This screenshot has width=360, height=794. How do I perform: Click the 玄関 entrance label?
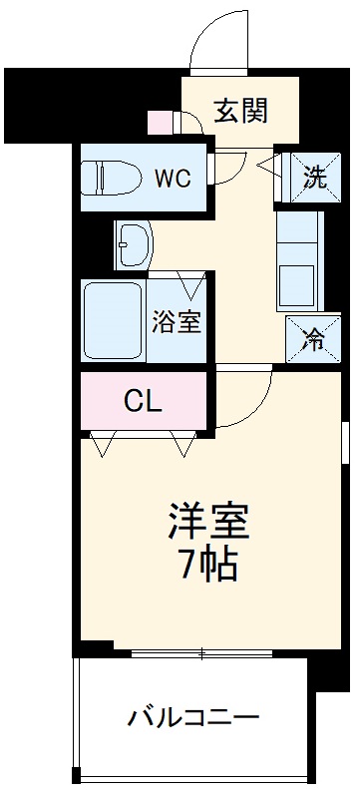(x=240, y=110)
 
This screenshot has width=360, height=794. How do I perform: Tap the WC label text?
(x=173, y=179)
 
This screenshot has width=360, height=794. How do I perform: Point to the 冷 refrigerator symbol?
(x=314, y=339)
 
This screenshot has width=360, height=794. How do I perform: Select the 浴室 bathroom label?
(x=177, y=322)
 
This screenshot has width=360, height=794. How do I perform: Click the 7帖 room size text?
(x=207, y=565)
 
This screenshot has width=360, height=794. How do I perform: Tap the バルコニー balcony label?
(x=193, y=716)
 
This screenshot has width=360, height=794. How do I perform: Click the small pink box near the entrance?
(x=160, y=122)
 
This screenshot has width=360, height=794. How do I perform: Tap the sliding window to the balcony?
(x=204, y=654)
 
